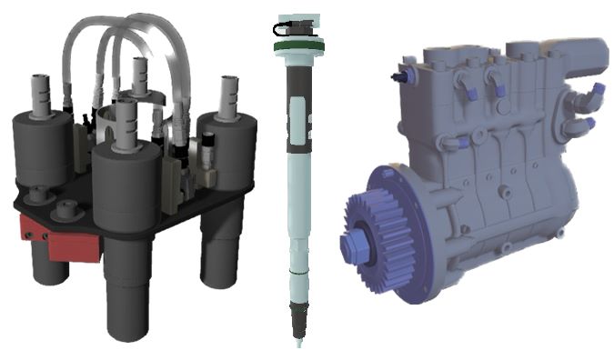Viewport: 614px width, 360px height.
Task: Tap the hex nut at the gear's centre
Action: [x=352, y=245]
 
